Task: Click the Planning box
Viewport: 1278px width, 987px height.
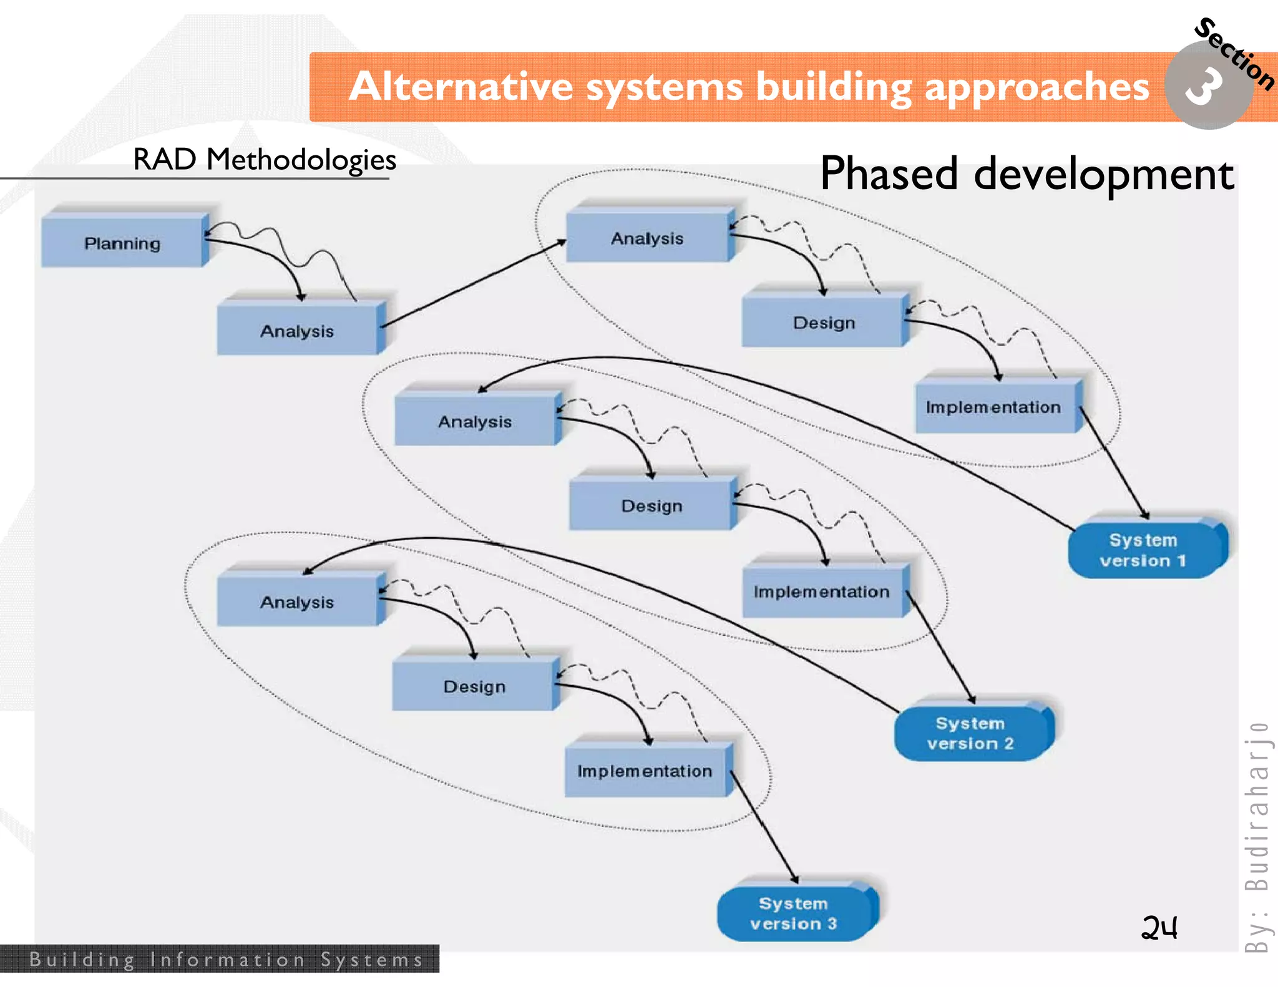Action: [x=123, y=243]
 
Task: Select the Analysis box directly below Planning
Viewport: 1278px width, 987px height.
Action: [x=298, y=330]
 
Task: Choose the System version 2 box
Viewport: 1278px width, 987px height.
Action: [x=970, y=733]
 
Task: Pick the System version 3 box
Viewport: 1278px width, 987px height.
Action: [x=794, y=913]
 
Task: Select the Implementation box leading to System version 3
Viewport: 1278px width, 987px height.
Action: [x=645, y=771]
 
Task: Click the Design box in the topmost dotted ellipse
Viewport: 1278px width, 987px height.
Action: [x=824, y=323]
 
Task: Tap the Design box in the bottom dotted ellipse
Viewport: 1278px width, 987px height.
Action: [x=474, y=686]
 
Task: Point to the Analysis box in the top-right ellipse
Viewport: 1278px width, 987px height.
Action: [x=647, y=238]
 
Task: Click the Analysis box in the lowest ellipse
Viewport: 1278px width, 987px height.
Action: [x=298, y=602]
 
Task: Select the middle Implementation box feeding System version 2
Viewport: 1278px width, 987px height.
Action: [x=821, y=591]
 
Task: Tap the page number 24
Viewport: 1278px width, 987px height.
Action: [x=1159, y=928]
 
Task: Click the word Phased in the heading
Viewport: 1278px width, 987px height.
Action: [x=889, y=174]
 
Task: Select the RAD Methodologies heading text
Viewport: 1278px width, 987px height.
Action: [x=265, y=160]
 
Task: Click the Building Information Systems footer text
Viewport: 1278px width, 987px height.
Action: [x=226, y=960]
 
